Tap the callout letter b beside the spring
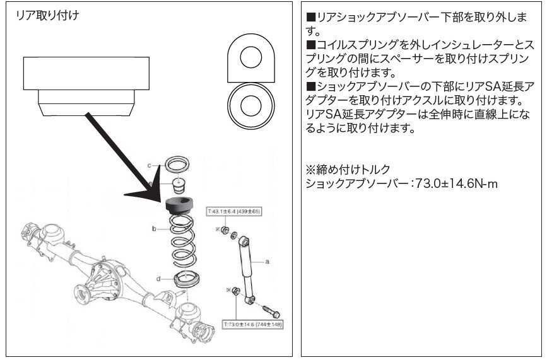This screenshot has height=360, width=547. pos(153,230)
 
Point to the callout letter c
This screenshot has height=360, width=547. pos(149,165)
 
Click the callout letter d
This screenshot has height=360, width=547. pos(157,278)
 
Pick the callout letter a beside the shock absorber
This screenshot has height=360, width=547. pos(268,260)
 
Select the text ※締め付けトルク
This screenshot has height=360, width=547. pos(347,170)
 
